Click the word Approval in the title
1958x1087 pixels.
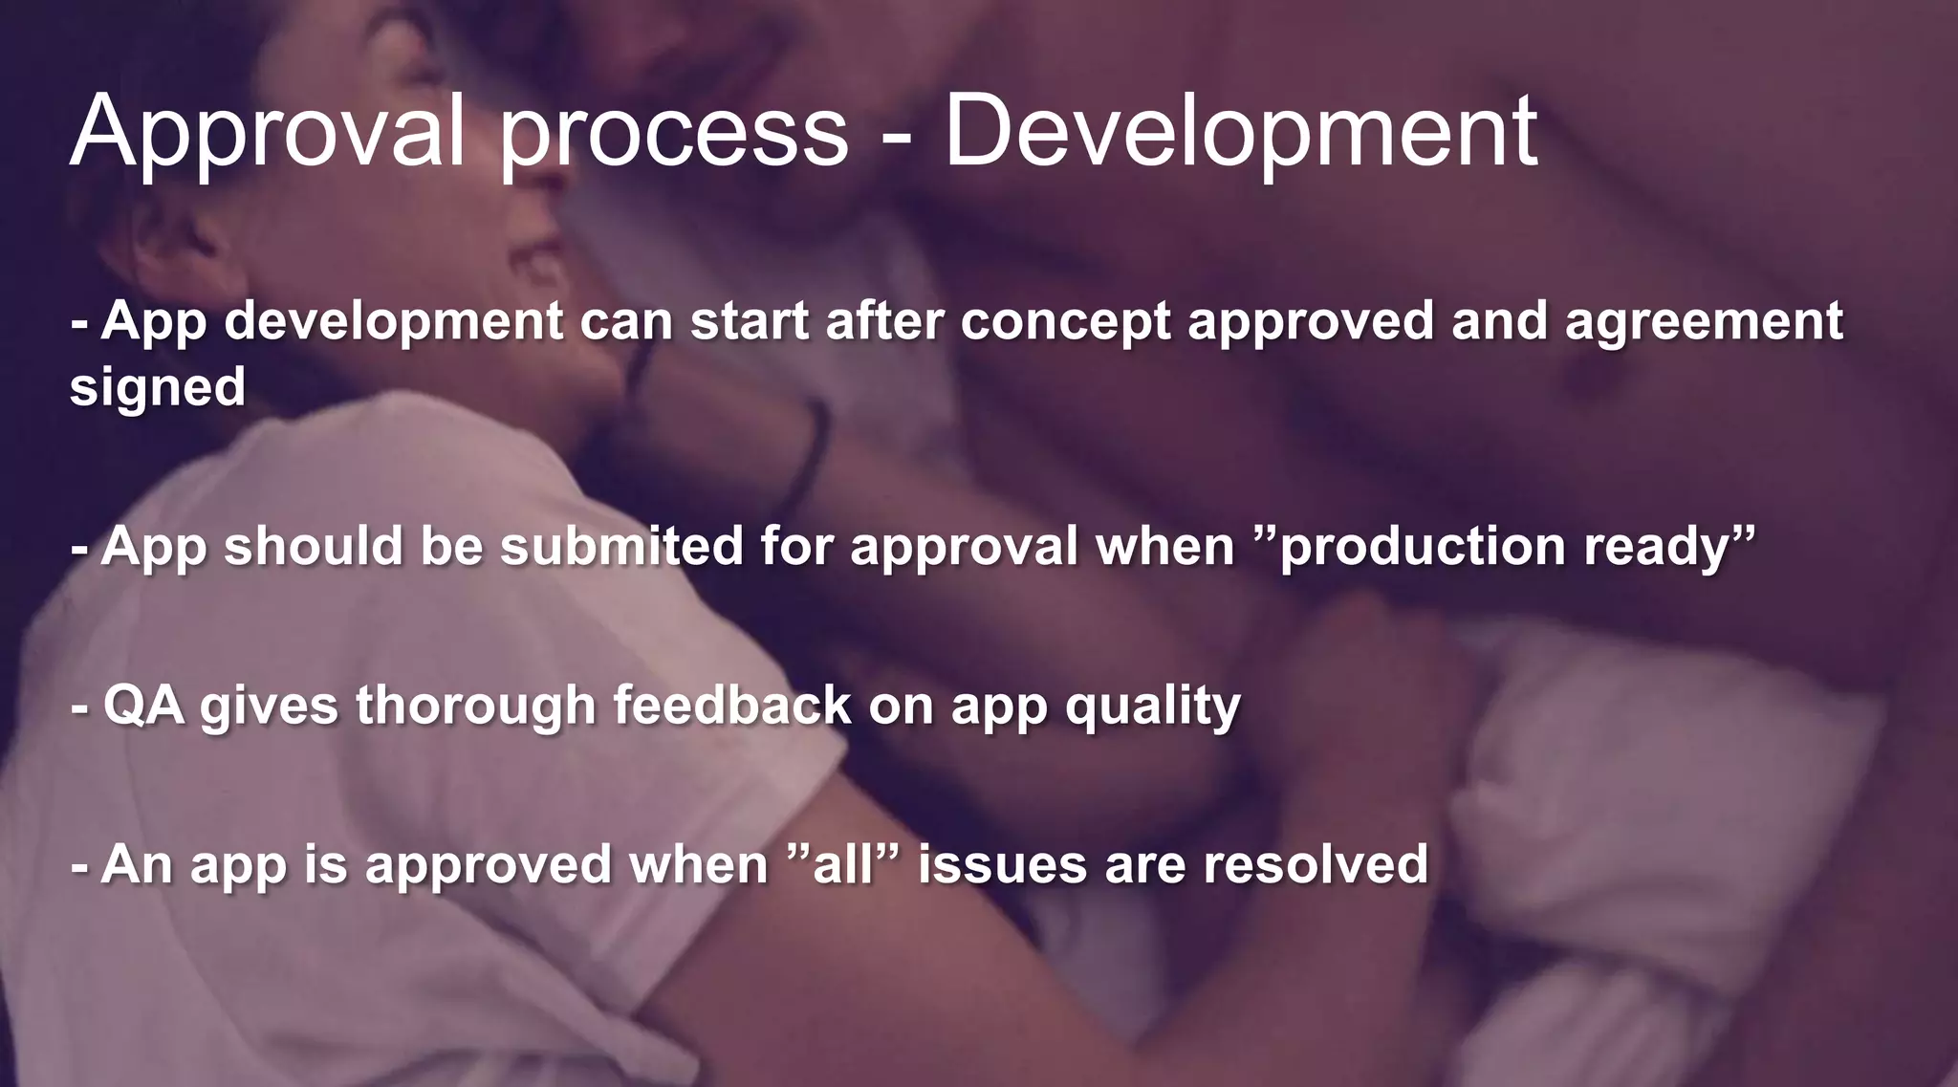click(268, 132)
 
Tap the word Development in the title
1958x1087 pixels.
click(1241, 132)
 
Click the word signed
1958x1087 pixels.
click(158, 387)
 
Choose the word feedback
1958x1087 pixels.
click(731, 706)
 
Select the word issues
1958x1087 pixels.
click(1002, 864)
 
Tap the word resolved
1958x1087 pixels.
click(1316, 864)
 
